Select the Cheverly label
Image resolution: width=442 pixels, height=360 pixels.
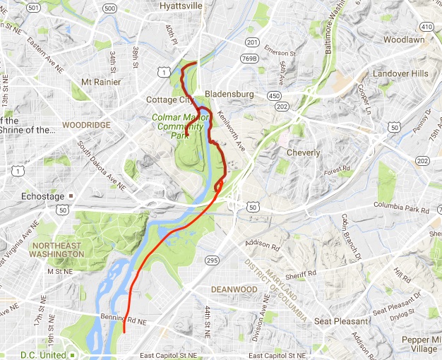[x=303, y=152]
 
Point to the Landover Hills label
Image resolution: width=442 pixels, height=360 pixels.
[x=400, y=73]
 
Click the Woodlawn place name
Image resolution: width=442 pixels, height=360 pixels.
[x=405, y=40]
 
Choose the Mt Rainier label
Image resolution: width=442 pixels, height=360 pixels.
[x=97, y=82]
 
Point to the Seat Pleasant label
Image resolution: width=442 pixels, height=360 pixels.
[x=342, y=321]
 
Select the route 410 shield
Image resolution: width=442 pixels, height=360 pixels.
[x=425, y=26]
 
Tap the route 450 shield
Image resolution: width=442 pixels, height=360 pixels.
[x=274, y=96]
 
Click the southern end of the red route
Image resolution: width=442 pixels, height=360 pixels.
[x=124, y=332]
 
